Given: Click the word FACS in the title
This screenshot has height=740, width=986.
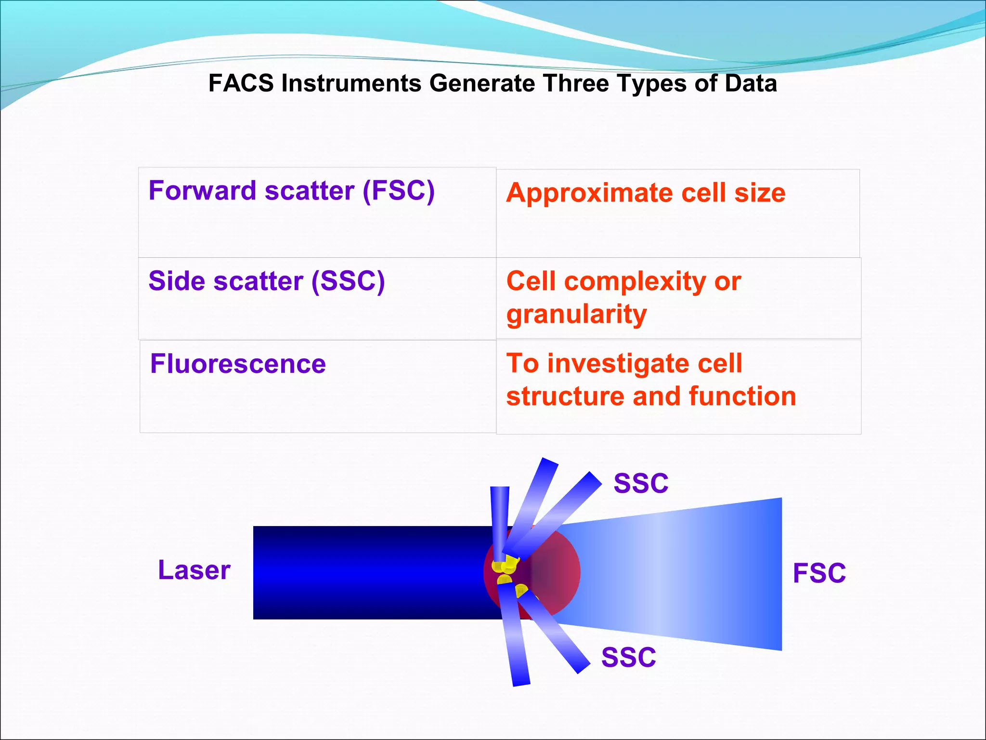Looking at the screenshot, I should (x=241, y=83).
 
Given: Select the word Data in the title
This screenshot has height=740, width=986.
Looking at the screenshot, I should (x=751, y=83).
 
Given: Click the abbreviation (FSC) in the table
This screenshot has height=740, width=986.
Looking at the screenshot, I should (x=399, y=191).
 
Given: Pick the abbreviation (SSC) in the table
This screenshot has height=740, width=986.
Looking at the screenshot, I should (x=348, y=281).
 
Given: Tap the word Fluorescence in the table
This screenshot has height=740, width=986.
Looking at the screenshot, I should (x=238, y=364).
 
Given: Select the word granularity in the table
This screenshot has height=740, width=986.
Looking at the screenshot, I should (x=576, y=315).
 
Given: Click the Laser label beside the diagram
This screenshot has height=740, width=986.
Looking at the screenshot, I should (x=194, y=570).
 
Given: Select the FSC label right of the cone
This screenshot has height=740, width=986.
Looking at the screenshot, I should (x=819, y=573).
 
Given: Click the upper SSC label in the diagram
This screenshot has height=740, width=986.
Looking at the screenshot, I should (x=641, y=483).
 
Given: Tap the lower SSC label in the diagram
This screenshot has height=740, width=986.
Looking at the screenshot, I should (x=628, y=658).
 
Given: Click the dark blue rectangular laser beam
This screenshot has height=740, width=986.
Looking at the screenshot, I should (x=366, y=572).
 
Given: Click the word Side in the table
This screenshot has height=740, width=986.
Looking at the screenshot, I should (x=176, y=281).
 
